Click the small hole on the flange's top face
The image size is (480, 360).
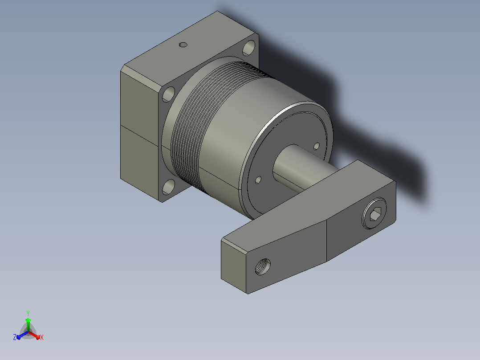coord(183,45)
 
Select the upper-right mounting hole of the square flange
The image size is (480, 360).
coord(249,48)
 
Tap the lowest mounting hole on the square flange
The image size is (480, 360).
coord(168,187)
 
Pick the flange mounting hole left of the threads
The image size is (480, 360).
coord(168,94)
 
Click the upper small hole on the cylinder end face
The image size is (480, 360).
coord(317,146)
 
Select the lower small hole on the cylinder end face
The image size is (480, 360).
coord(258,180)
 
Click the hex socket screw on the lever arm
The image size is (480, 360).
coord(374,213)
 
